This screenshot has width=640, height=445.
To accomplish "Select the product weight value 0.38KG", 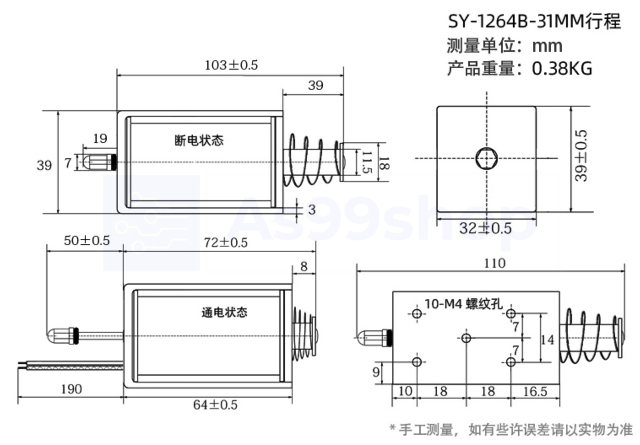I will pyautogui.click(x=561, y=68).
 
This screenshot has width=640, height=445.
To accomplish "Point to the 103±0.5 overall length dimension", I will pyautogui.click(x=231, y=65).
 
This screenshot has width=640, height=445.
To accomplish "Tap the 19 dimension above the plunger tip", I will pyautogui.click(x=100, y=138).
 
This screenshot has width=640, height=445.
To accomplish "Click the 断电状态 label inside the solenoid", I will pyautogui.click(x=199, y=140).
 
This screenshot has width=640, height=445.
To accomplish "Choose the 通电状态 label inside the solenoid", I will pyautogui.click(x=224, y=313).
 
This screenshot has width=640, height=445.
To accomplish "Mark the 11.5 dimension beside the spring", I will pyautogui.click(x=366, y=162).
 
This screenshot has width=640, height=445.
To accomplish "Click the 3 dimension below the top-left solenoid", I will pyautogui.click(x=312, y=210).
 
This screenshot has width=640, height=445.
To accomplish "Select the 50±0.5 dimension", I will pyautogui.click(x=87, y=240).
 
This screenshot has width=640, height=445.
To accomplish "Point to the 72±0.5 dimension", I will pyautogui.click(x=225, y=243).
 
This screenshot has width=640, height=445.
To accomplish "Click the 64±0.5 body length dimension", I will pyautogui.click(x=215, y=405).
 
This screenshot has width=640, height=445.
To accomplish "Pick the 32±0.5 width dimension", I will pyautogui.click(x=485, y=228).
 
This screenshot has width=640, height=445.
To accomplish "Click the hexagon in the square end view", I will pyautogui.click(x=486, y=159).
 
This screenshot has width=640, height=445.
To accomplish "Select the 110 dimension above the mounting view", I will pyautogui.click(x=494, y=263).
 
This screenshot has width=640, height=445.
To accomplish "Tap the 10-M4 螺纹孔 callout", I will pyautogui.click(x=463, y=304).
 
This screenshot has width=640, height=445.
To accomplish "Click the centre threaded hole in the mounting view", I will pyautogui.click(x=466, y=338).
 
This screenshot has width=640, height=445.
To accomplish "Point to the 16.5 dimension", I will pyautogui.click(x=535, y=391).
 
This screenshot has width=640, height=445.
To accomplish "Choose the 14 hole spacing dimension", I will pyautogui.click(x=547, y=340).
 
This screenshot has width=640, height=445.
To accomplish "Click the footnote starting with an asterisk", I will pyautogui.click(x=511, y=430).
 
